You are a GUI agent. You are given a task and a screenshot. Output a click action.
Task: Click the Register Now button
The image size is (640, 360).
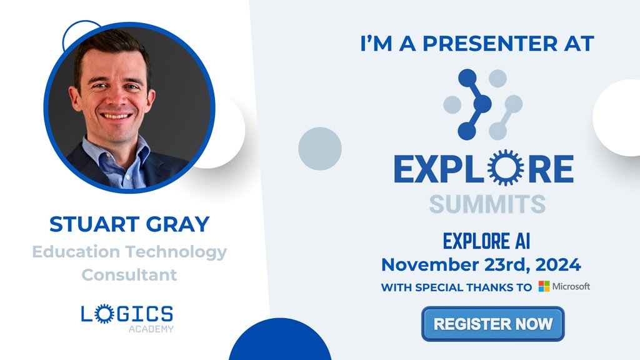(x=492, y=324)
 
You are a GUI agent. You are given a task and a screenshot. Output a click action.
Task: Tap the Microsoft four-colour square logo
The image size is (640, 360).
(x=544, y=286)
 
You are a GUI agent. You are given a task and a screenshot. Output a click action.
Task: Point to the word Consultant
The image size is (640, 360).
(x=129, y=274)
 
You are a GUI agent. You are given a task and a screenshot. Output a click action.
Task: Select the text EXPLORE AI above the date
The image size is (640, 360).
(x=486, y=241)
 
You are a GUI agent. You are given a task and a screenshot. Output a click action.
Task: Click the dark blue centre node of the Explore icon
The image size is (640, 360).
(x=482, y=103)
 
